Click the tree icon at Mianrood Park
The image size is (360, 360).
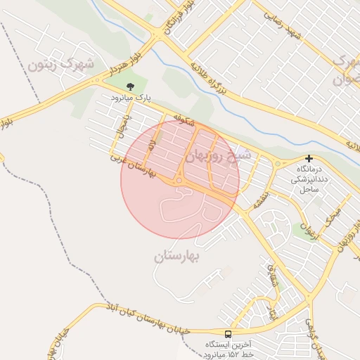tap(130, 86)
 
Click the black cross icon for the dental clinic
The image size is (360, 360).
tap(309, 159)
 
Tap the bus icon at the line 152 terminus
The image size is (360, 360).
tap(228, 334)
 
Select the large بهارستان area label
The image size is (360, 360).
tap(177, 256)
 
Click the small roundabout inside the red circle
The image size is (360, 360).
tap(179, 181)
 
